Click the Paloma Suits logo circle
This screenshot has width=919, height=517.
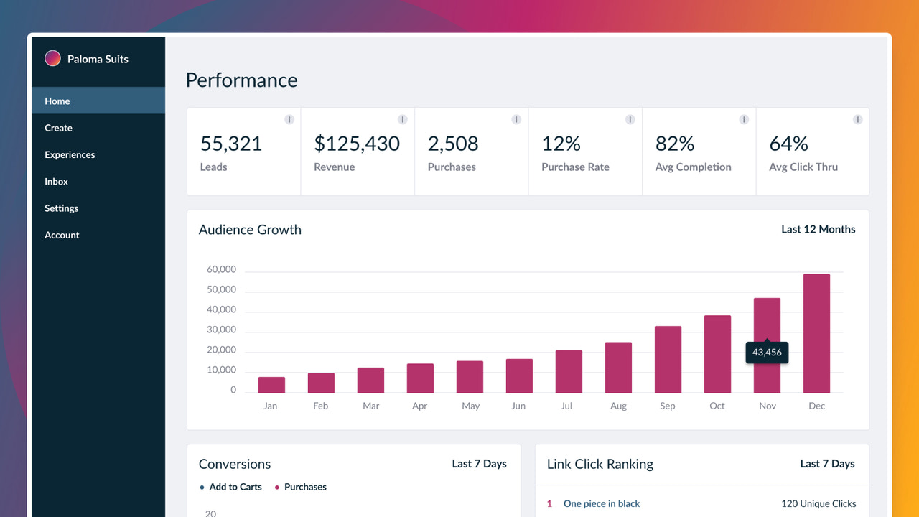coord(52,59)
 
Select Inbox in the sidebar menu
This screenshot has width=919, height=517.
coord(56,182)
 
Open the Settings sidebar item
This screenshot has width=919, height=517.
coord(61,208)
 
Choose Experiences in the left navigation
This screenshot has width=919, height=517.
coord(70,154)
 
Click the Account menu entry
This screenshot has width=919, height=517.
coord(62,235)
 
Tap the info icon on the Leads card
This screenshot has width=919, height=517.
coord(289,119)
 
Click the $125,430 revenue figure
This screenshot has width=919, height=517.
coord(357,144)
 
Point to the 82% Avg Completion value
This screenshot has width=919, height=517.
coord(675,144)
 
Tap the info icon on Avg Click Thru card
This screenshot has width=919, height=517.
coord(857,119)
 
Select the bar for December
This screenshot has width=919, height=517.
coord(816,333)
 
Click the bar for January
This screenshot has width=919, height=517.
coord(271,385)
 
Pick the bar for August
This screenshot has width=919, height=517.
coord(618,368)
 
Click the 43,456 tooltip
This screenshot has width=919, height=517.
coord(767,353)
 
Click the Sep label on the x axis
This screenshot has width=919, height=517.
coord(668,406)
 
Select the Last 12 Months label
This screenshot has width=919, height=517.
coord(818,229)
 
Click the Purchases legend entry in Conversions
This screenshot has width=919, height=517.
coord(304,487)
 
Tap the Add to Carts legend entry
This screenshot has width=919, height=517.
coord(235,487)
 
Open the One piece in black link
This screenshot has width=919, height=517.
coord(602,503)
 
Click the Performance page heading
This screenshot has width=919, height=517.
coord(241,80)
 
